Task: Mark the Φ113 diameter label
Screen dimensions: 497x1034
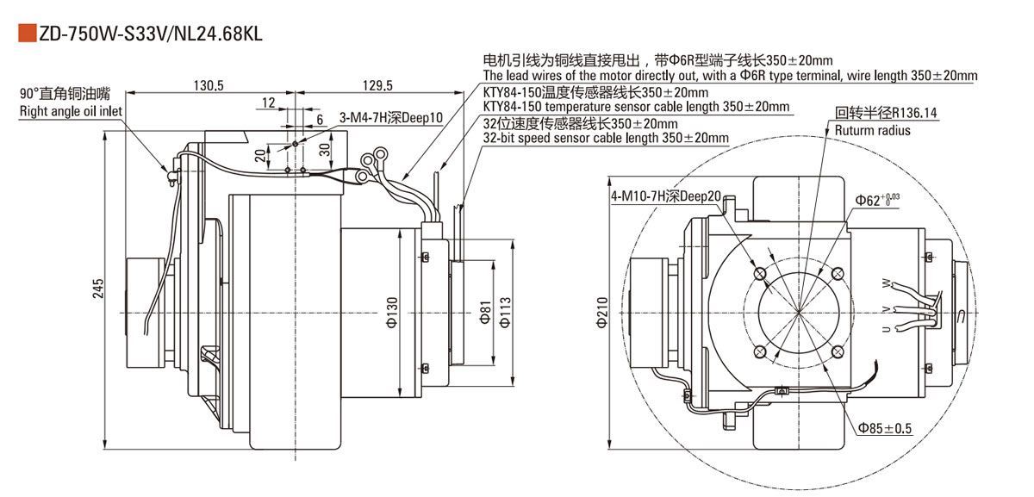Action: tap(506, 314)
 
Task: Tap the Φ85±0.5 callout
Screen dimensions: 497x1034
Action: tap(883, 427)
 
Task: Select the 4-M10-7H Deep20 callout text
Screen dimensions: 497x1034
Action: tap(665, 196)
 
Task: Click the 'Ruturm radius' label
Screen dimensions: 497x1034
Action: tap(872, 130)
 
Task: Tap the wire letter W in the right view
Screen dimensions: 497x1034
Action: tap(885, 283)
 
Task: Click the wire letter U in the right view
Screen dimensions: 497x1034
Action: tap(885, 330)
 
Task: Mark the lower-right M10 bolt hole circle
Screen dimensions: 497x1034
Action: tap(836, 351)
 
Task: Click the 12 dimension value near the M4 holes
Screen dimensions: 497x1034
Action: tap(268, 103)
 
